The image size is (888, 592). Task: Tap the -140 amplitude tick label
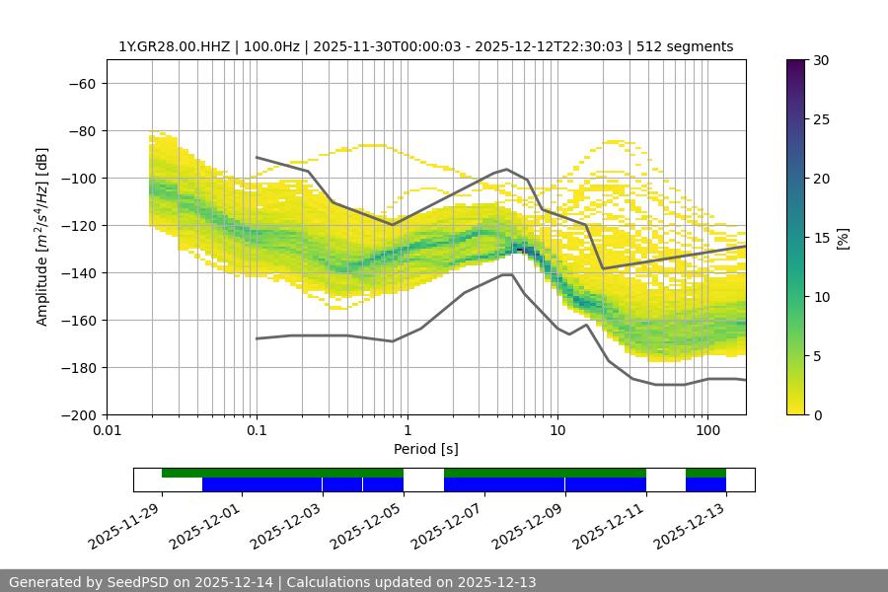(79, 273)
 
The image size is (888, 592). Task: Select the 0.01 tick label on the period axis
(107, 431)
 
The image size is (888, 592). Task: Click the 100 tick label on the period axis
(706, 431)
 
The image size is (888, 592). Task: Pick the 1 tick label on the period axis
(407, 431)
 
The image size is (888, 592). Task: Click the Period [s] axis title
(425, 449)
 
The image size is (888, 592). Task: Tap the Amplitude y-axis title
(42, 237)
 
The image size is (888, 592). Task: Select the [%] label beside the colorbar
(843, 238)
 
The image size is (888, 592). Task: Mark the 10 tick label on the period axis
(556, 431)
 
